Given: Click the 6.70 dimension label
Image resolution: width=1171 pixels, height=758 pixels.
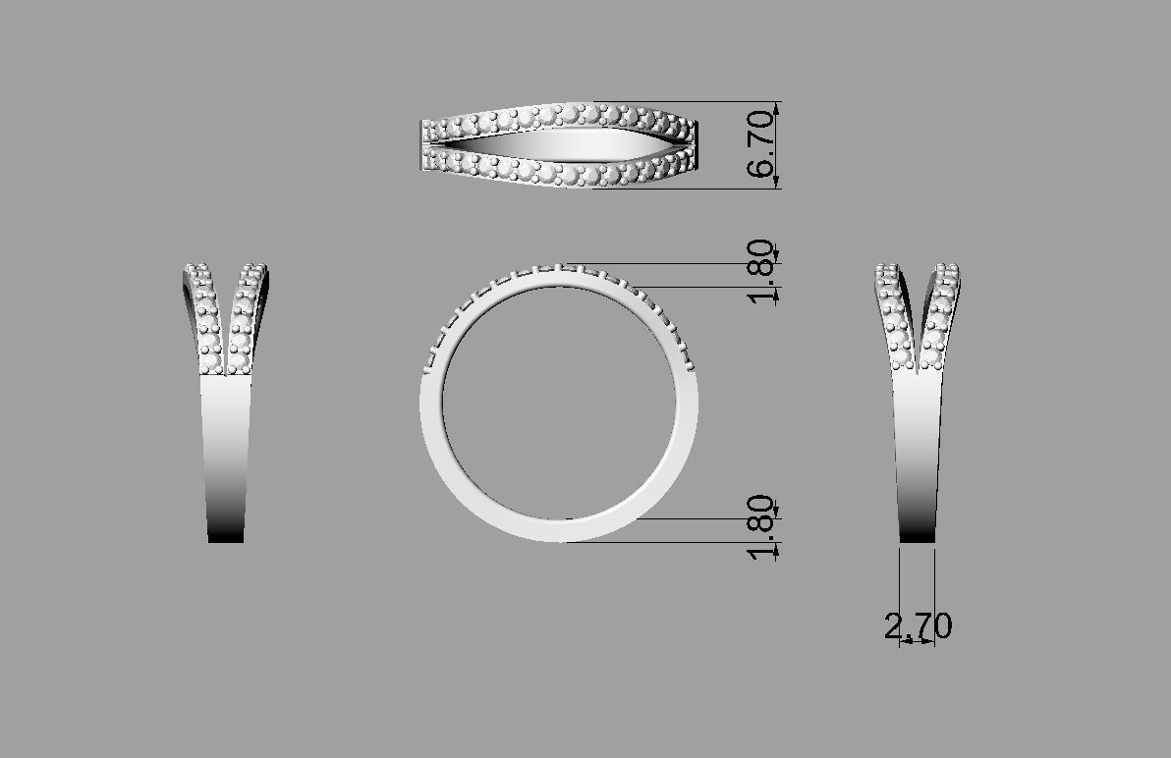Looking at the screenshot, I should click(x=761, y=144).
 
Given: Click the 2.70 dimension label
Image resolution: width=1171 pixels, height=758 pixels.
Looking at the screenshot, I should click(x=918, y=625).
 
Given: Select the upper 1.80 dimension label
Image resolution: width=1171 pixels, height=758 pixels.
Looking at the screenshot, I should click(x=763, y=275).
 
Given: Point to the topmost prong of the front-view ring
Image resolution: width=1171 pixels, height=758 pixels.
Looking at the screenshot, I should click(x=558, y=266).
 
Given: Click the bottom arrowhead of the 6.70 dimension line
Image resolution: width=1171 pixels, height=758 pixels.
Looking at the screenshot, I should click(x=778, y=182).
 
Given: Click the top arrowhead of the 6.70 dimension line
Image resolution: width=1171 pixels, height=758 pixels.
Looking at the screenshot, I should click(x=778, y=107).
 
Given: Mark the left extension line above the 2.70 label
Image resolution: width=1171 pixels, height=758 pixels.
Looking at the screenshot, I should click(x=901, y=589).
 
